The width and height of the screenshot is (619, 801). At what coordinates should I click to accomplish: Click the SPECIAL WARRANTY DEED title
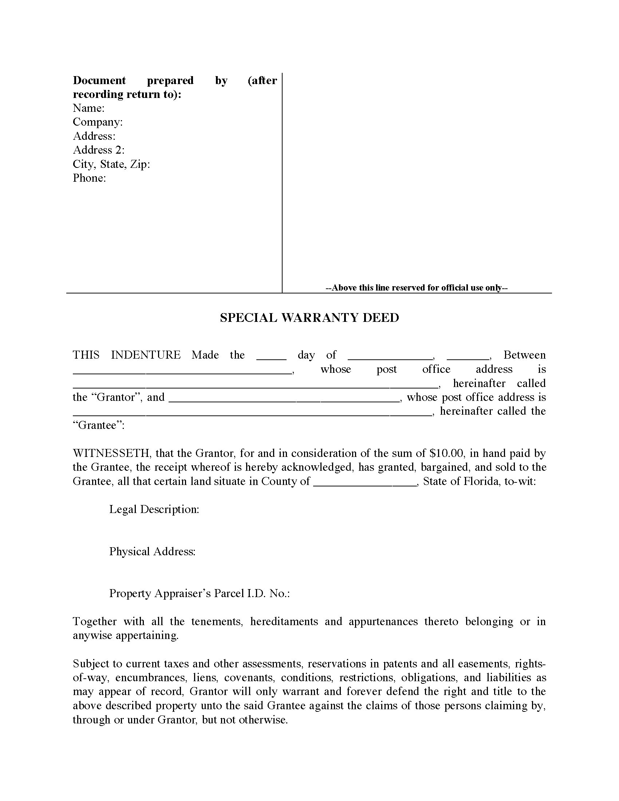tap(309, 317)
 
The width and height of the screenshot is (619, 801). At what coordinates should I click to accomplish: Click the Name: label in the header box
tap(88, 108)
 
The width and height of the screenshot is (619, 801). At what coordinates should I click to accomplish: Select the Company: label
tap(98, 122)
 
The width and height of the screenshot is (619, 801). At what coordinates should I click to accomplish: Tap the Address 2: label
tap(98, 150)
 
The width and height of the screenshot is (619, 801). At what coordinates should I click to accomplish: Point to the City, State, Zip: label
tap(111, 164)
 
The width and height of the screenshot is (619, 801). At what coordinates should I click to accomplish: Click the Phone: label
tap(89, 178)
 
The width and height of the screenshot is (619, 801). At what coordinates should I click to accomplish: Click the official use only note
tap(416, 288)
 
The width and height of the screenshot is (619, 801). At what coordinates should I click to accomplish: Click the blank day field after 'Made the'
tap(271, 356)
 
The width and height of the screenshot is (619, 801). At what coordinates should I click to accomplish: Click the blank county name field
tap(365, 482)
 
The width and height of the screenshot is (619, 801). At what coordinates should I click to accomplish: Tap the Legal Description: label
tap(154, 509)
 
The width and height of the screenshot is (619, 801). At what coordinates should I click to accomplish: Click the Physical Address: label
tap(152, 552)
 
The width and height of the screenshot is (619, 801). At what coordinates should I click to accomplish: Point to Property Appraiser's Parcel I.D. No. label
tap(200, 593)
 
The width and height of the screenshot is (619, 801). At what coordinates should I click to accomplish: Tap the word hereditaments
tap(284, 622)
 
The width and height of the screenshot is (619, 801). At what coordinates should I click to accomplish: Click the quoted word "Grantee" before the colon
tap(97, 425)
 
